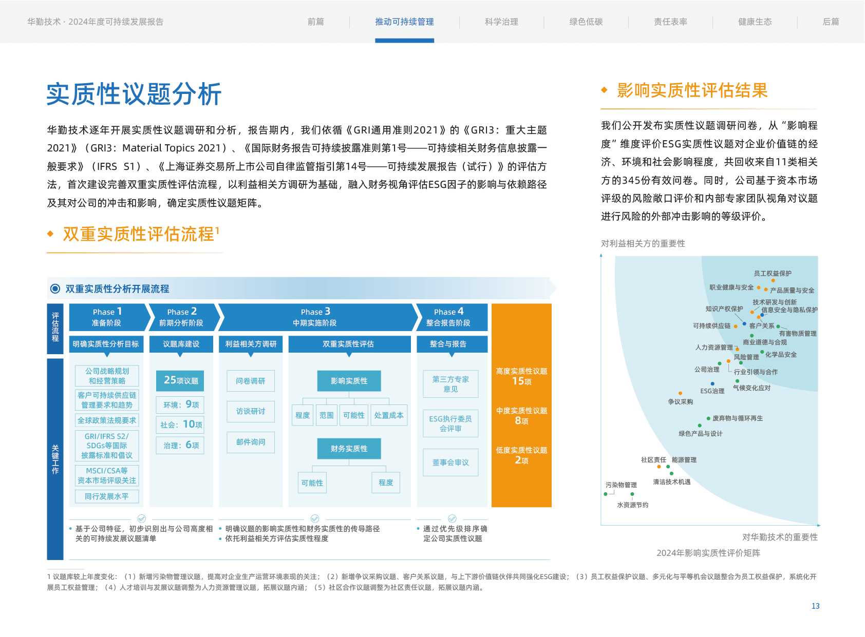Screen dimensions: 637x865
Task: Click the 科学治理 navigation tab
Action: pos(501,22)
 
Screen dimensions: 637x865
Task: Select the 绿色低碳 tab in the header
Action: pos(586,22)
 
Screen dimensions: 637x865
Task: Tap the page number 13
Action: pos(815,606)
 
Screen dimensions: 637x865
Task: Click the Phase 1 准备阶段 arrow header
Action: pos(107,317)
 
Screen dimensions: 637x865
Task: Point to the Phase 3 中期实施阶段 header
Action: pos(315,317)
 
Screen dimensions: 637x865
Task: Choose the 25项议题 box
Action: pos(180,380)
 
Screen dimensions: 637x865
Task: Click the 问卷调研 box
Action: pos(251,381)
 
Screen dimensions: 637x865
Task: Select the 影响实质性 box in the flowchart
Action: pos(349,381)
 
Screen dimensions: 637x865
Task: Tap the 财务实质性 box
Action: pos(349,449)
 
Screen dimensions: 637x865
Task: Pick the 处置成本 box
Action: pos(389,415)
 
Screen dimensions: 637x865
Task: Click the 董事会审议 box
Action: pos(450,462)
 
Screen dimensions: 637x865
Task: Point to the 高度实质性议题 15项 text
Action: pos(521,376)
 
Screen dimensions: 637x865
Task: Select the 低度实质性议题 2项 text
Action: pos(521,455)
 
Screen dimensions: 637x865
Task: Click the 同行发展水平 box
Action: pos(107,496)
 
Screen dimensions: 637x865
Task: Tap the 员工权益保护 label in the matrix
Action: pos(773,274)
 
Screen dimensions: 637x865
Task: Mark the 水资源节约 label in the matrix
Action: pos(632,505)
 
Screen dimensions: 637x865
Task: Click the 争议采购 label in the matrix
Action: pos(680,402)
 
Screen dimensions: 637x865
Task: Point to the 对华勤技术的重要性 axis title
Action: pos(780,537)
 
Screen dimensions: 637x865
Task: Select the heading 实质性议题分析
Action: pos(134,94)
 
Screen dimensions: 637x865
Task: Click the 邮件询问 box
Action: pos(251,442)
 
